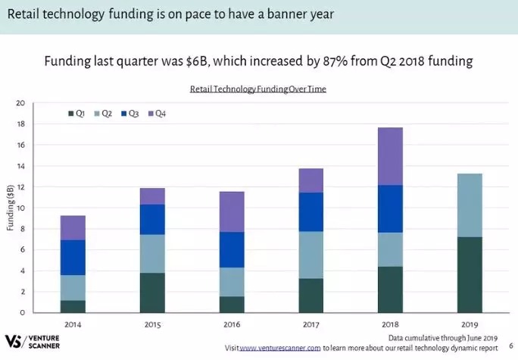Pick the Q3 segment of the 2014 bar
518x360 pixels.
click(73, 257)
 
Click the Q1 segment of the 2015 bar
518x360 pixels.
click(151, 293)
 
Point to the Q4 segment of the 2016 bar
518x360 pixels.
click(231, 211)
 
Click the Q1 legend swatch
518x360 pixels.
click(70, 114)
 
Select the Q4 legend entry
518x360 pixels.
click(154, 114)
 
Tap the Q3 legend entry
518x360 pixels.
click(128, 114)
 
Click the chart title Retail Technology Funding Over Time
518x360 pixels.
click(257, 89)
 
